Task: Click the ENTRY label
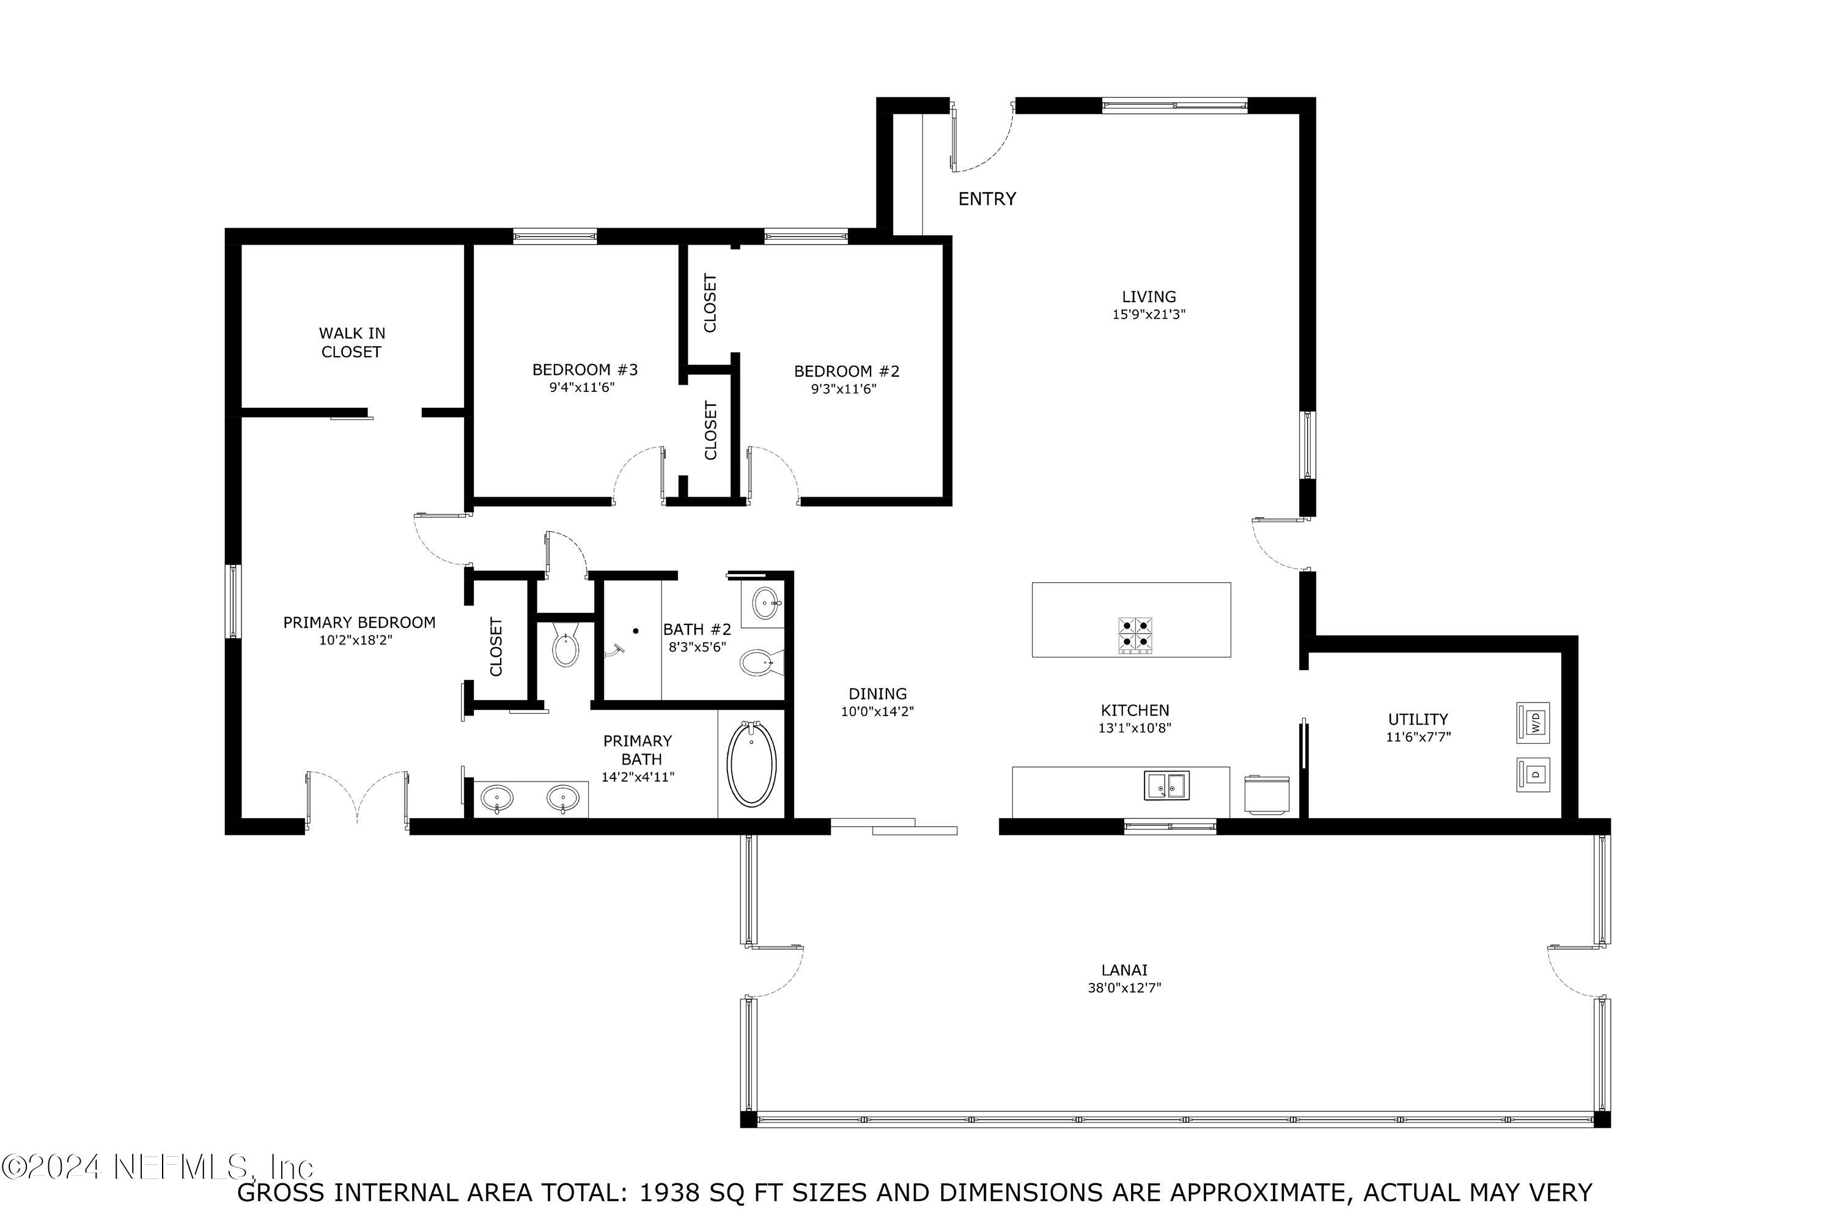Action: point(987,199)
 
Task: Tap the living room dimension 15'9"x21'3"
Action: point(1149,315)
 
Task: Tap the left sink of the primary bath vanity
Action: point(496,798)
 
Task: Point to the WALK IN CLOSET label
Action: point(351,342)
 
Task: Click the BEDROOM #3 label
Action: point(585,370)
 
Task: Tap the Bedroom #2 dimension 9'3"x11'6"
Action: point(844,389)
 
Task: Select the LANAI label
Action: point(1124,970)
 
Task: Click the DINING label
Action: point(877,693)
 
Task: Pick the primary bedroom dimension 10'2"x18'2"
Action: point(356,640)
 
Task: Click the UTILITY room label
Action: point(1418,719)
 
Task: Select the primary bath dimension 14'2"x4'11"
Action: point(637,777)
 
